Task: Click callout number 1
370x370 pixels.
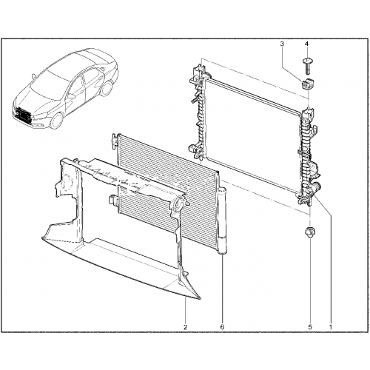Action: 331,327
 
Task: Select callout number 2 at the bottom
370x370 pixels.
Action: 185,327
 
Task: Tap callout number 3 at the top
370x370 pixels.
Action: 282,44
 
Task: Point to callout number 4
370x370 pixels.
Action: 306,44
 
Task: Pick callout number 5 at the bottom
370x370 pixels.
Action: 310,327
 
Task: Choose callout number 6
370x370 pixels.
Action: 222,327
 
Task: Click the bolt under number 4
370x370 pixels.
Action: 306,66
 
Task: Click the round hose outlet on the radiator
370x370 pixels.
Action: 315,186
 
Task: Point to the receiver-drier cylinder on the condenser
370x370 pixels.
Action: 222,221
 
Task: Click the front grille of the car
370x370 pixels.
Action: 23,114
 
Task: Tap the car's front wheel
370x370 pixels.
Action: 57,121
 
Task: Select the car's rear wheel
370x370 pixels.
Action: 107,88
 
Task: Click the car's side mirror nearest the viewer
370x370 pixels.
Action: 72,96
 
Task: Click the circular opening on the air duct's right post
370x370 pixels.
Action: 178,203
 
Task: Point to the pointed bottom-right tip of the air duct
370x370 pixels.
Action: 201,299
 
